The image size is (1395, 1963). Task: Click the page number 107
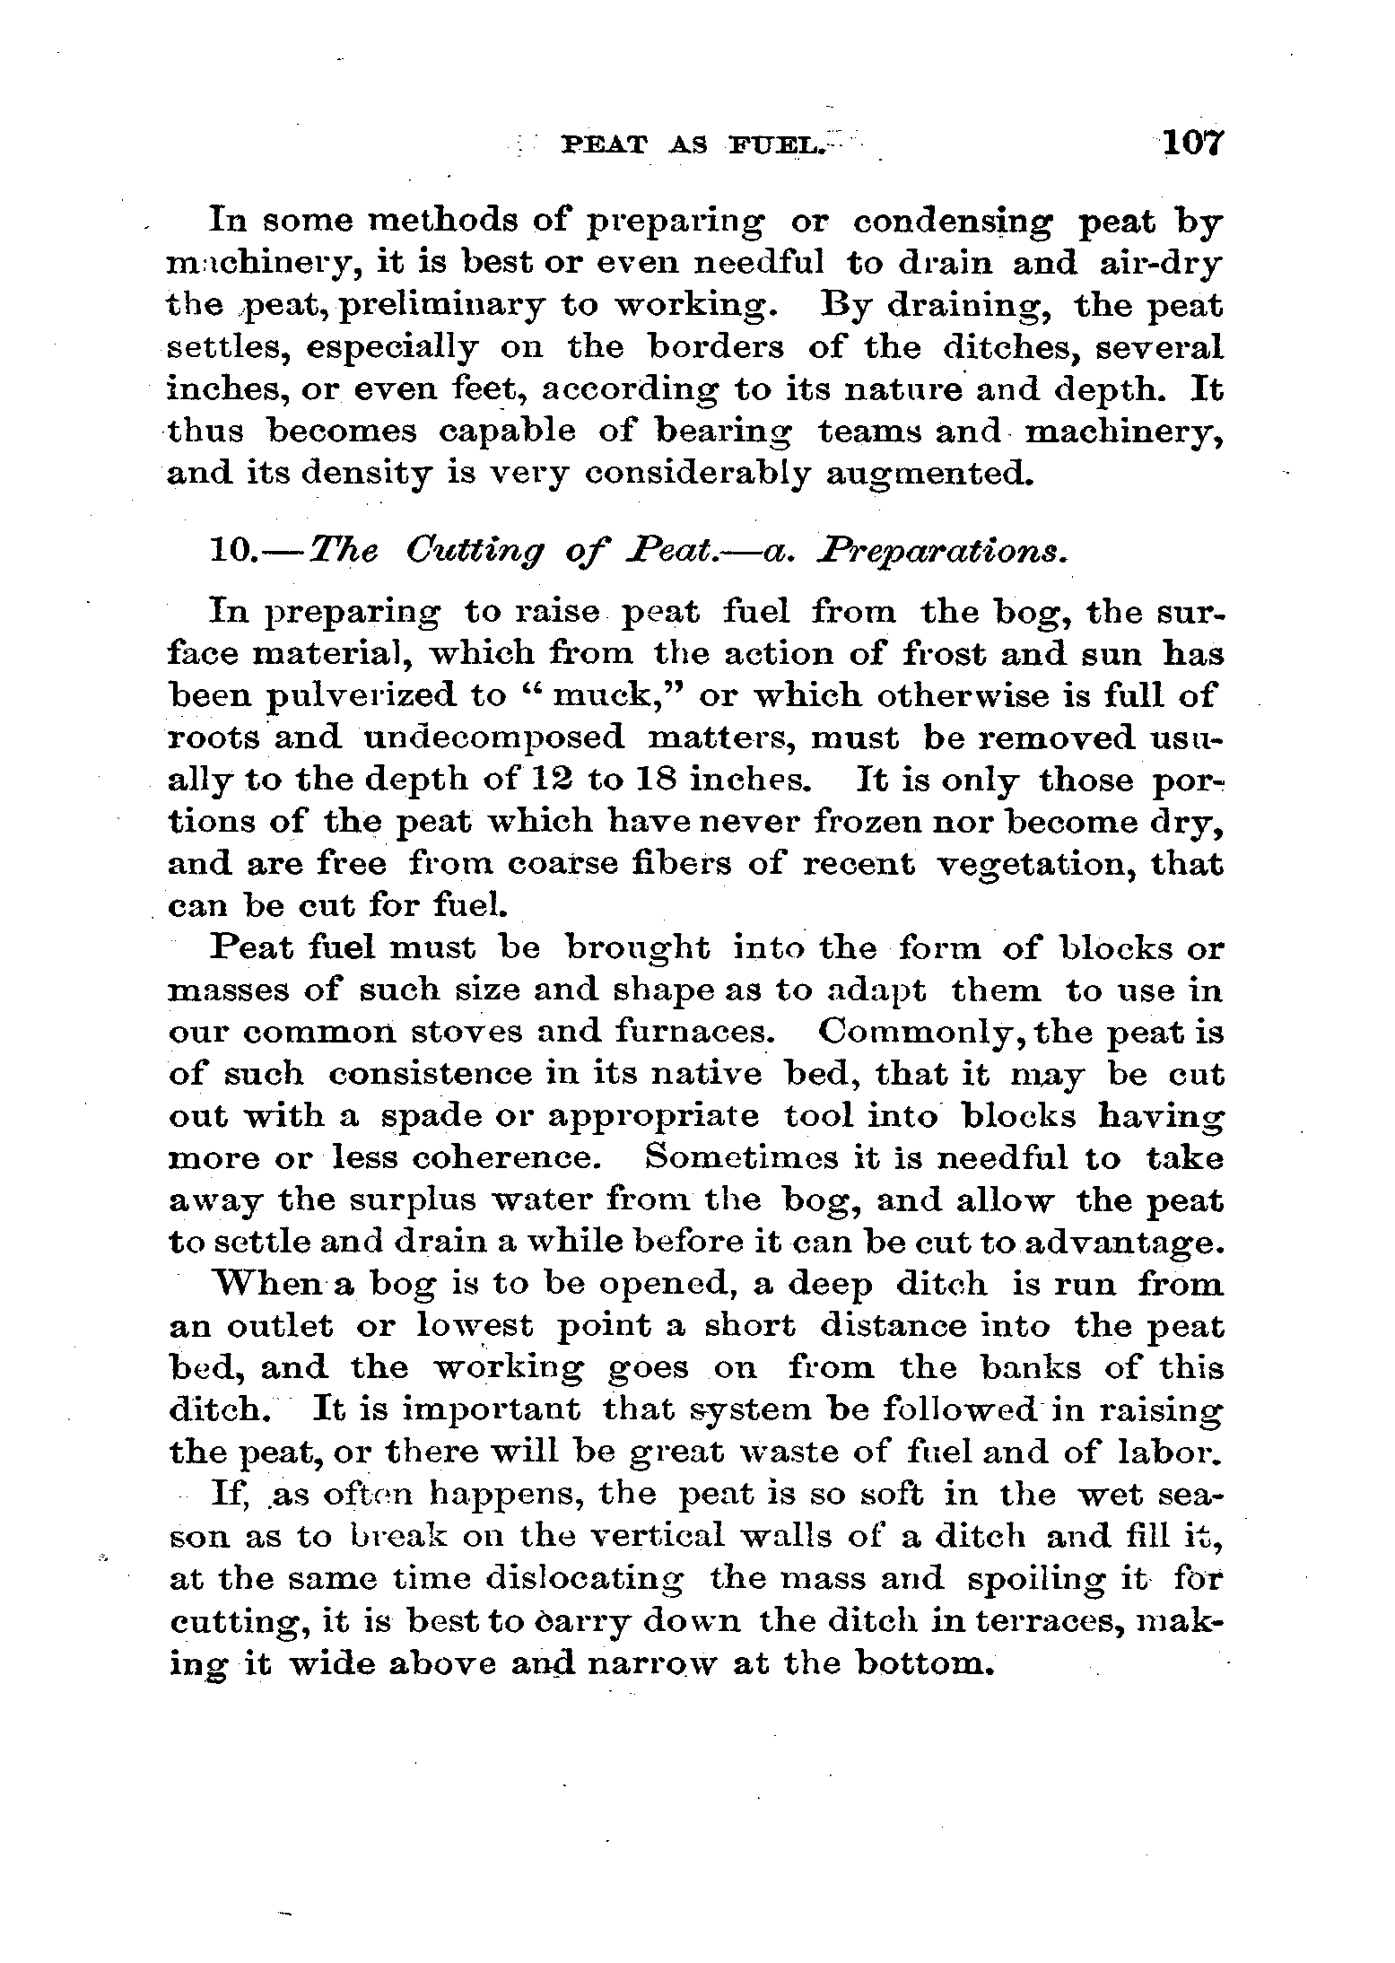pos(1190,143)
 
